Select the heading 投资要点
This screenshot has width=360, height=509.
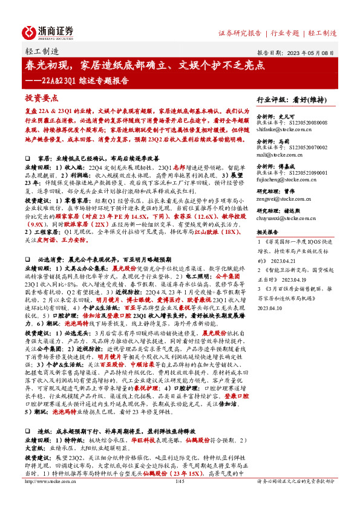(42, 97)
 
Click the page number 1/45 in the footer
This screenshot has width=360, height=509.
(179, 499)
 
